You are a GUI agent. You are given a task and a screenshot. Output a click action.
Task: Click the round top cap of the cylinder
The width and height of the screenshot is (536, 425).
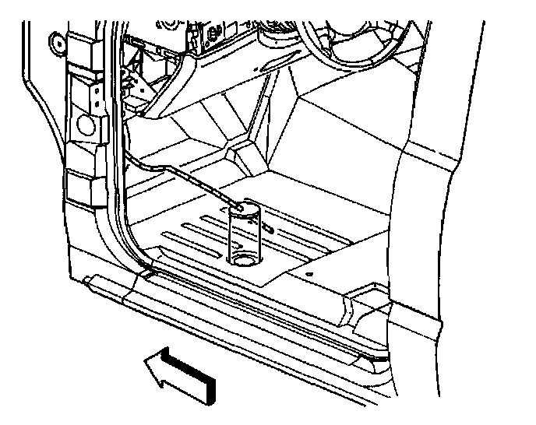(245, 208)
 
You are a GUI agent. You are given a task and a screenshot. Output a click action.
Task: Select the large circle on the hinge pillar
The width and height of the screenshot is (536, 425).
(86, 125)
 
